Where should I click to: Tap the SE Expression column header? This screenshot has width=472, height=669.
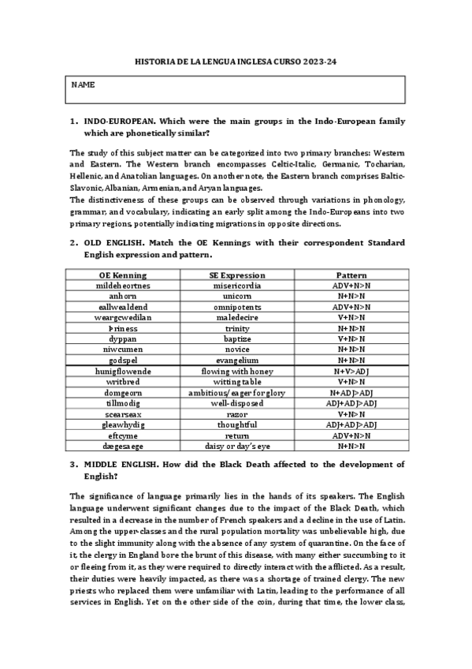point(236,275)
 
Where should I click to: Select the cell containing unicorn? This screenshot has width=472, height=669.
point(236,296)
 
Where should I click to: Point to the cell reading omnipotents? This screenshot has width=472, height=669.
point(236,307)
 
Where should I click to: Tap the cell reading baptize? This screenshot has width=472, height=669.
point(236,338)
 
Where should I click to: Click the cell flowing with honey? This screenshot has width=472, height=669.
point(236,371)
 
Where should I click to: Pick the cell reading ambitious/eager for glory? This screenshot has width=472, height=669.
point(236,392)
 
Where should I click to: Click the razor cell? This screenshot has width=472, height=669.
point(236,413)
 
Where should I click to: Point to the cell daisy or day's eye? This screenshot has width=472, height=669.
point(236,446)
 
